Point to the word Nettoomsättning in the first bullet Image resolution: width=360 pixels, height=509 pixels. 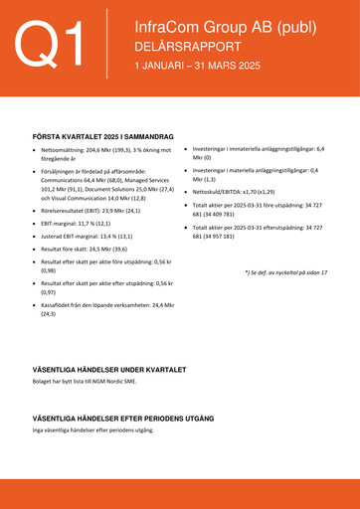tap(66, 149)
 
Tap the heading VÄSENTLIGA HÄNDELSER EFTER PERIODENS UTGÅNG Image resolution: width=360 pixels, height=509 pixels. tap(123, 419)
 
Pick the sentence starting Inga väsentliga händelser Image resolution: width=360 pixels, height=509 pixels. tap(93, 430)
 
